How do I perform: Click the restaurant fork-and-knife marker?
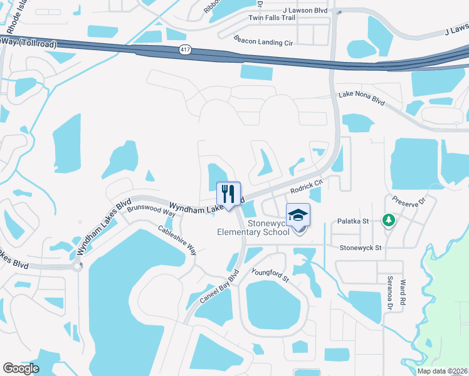coord(228,193)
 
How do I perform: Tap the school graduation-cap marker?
coord(298,216)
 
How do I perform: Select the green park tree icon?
coord(389,220)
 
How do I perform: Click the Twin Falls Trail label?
coord(271,18)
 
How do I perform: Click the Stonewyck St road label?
coord(361,248)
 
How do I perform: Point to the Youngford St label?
coord(269,274)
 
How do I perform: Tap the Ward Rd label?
coord(403,293)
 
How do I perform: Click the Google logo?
coord(21,368)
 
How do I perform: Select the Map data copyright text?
coord(442,371)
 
